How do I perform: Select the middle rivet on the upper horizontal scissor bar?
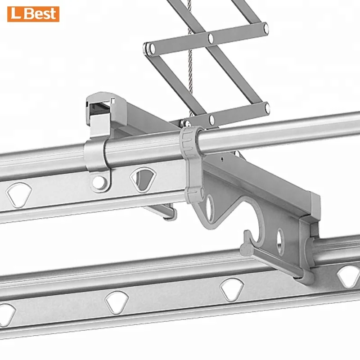pyautogui.click(x=211, y=37)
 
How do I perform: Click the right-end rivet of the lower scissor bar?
pyautogui.click(x=266, y=108)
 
